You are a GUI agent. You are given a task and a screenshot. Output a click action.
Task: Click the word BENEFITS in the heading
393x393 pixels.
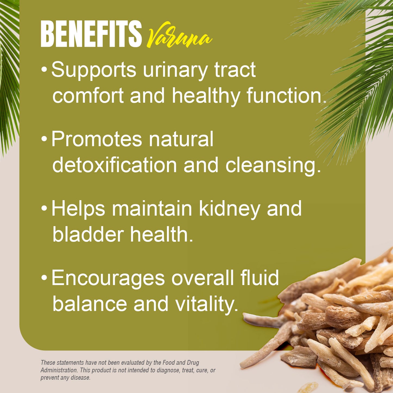pos(91,34)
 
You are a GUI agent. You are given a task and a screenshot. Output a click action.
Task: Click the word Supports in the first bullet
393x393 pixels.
pos(94,70)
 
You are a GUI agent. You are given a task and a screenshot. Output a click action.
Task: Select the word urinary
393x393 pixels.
pos(175,70)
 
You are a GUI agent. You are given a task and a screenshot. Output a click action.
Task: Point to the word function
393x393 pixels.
pos(286,96)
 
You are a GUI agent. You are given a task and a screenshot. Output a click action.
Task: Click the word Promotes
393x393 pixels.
pos(97,139)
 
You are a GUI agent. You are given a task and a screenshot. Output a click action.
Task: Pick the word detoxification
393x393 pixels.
pos(115,165)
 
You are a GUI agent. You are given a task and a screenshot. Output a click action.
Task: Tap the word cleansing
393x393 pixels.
pos(273,165)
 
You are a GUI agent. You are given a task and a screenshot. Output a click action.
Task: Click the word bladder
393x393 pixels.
pos(88,234)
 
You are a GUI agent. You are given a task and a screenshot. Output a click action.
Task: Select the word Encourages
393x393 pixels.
pos(108,278)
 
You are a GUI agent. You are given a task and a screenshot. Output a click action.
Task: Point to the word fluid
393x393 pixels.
pos(259,278)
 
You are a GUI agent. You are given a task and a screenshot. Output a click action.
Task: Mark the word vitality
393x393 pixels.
pos(207,304)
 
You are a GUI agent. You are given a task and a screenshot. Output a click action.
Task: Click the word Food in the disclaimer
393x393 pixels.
pos(169,363)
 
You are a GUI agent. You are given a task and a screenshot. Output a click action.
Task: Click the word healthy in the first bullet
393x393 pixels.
pos(206,96)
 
